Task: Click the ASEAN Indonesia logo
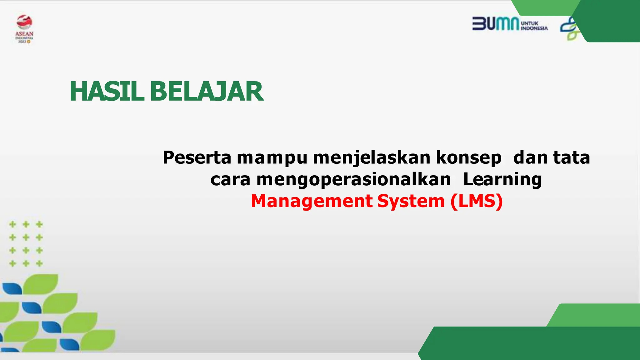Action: (24, 29)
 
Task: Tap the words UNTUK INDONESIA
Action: (534, 26)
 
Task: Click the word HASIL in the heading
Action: (107, 92)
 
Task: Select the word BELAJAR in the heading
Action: (207, 92)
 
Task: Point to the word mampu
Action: (272, 158)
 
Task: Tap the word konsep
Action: (468, 158)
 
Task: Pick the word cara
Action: (230, 179)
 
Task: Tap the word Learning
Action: (502, 180)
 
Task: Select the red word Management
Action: (312, 201)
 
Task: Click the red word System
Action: (411, 201)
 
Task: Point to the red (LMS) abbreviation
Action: (477, 201)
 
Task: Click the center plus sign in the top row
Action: (26, 224)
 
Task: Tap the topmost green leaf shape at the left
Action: (42, 283)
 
